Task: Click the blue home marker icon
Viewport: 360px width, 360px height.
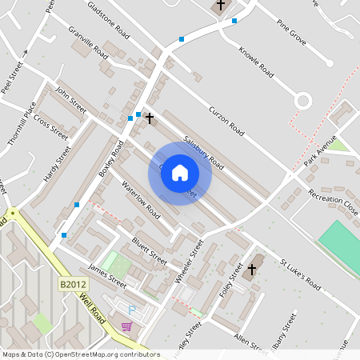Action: click(180, 173)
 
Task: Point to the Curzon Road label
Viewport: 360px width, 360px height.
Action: click(226, 119)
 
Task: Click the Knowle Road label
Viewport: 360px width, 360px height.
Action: click(256, 63)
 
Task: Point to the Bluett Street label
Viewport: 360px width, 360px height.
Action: click(149, 249)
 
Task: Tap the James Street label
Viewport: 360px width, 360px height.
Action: click(107, 277)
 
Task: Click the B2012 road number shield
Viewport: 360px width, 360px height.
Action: click(72, 284)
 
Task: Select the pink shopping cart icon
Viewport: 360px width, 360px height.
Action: click(126, 326)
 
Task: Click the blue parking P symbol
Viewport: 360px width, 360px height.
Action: click(132, 310)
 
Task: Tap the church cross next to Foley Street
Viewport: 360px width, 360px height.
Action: click(251, 269)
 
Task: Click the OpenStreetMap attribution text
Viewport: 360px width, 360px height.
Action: click(81, 354)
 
